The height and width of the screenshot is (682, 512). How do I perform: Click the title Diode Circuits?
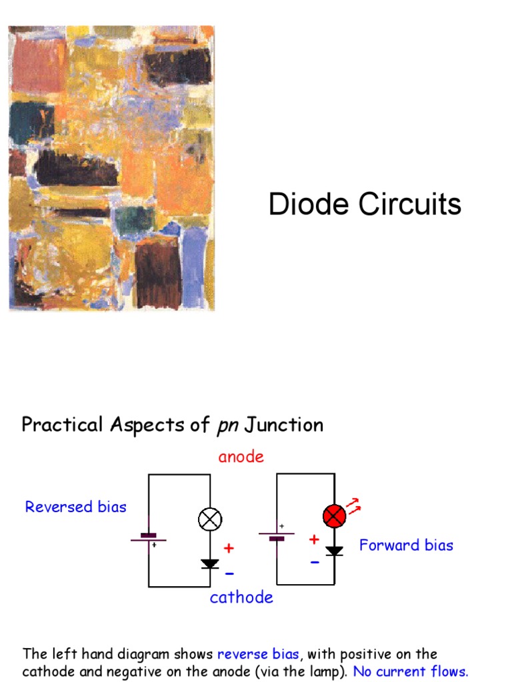pos(365,204)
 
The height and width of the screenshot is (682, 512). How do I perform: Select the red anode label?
pos(241,457)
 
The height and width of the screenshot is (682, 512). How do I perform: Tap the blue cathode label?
pos(241,597)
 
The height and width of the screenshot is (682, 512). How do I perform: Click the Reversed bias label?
pos(75,507)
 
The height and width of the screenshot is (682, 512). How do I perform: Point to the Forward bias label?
pos(406,545)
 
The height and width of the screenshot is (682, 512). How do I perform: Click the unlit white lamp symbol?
pos(210,519)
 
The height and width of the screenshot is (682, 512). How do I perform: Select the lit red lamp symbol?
pos(334,516)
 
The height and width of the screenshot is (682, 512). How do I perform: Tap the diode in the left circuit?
pos(210,564)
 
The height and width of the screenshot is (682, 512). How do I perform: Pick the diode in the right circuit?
pos(334,551)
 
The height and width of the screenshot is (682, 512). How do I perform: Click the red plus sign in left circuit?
pos(229,549)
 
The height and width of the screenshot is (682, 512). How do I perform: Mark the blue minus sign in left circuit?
pos(229,573)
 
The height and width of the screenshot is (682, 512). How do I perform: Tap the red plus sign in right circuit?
pos(314,539)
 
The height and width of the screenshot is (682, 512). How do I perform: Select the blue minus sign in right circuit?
pos(314,562)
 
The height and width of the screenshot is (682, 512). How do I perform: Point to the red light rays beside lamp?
pos(355,506)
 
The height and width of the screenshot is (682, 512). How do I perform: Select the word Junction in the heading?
pos(284,425)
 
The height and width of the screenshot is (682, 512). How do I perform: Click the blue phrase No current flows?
pos(411,671)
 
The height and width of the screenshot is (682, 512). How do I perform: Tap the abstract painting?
pos(111,169)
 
